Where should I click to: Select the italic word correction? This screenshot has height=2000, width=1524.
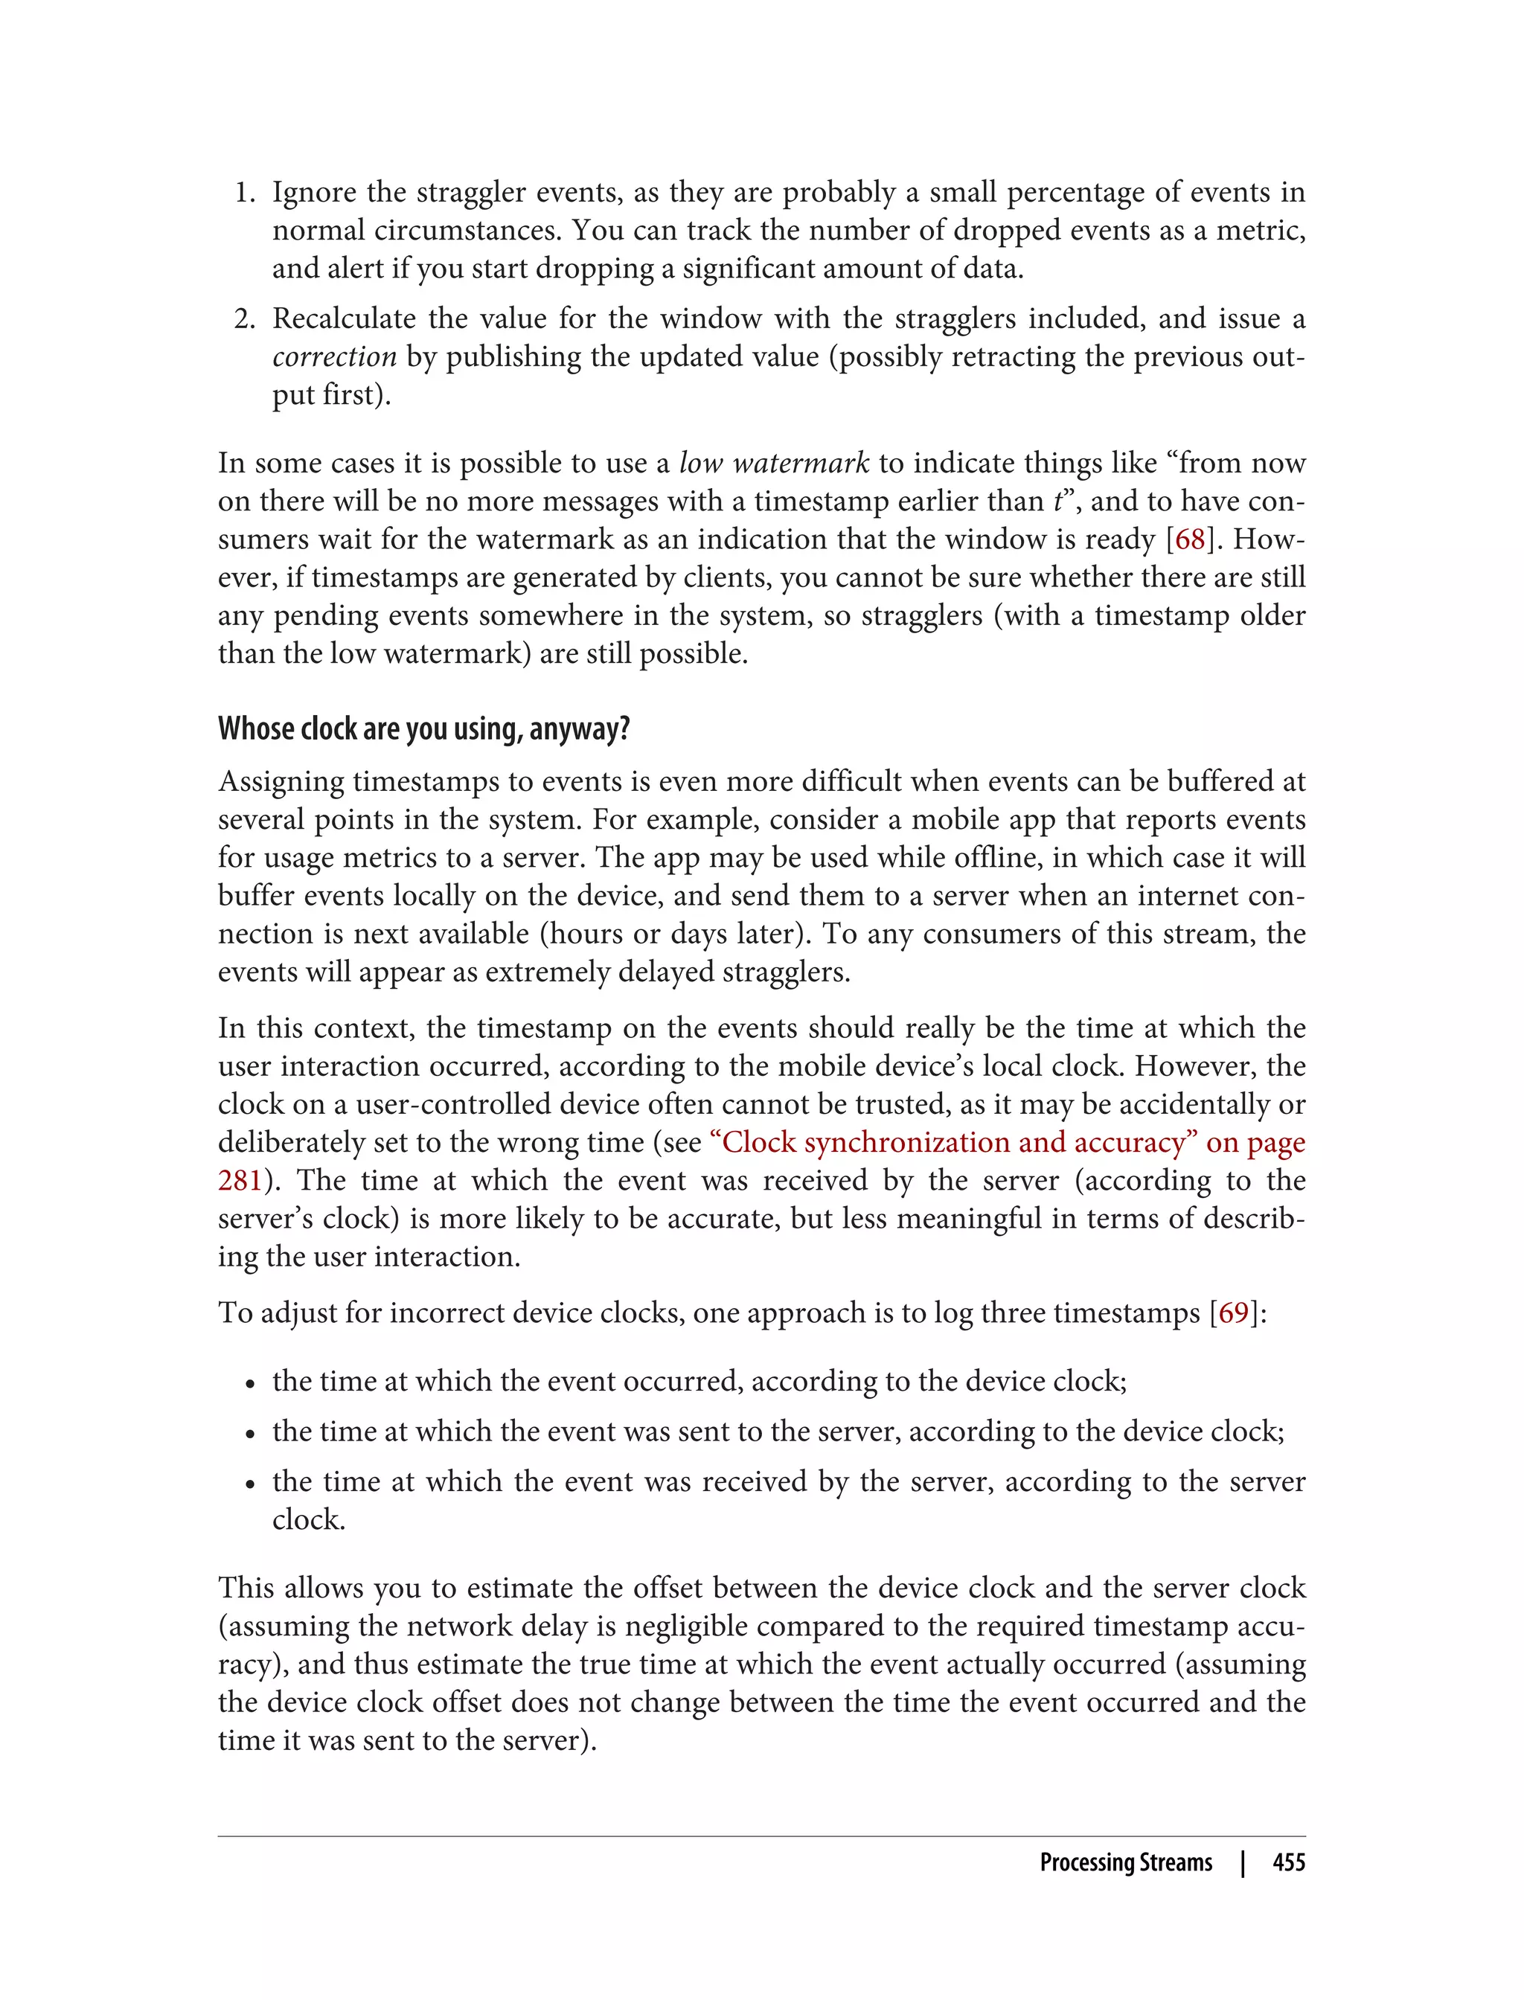[335, 357]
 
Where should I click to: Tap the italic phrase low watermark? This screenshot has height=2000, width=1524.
[774, 464]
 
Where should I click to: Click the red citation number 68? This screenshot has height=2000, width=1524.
[1189, 539]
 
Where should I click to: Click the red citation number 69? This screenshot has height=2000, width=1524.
[1233, 1313]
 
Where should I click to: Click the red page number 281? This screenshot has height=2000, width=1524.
[240, 1181]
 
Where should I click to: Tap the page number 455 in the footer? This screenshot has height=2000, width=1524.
[1288, 1863]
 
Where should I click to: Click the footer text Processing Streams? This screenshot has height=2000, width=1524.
[1125, 1863]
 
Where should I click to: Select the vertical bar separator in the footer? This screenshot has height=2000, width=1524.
[1243, 1863]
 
